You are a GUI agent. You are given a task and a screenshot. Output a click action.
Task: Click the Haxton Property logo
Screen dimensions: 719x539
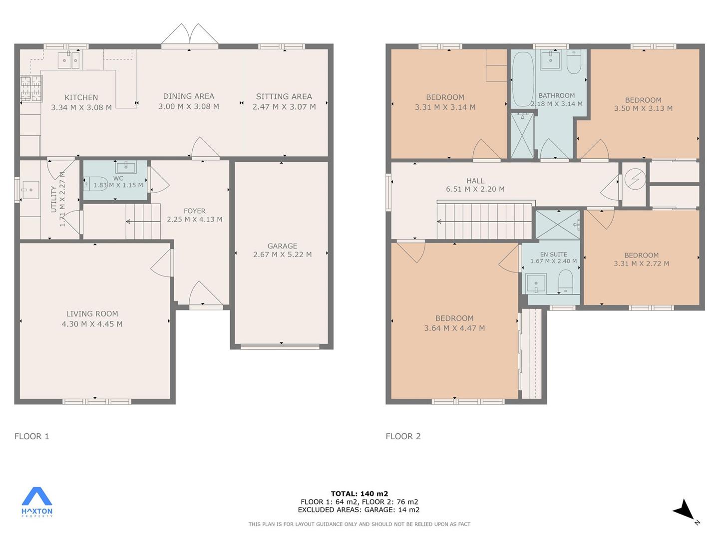(x=36, y=502)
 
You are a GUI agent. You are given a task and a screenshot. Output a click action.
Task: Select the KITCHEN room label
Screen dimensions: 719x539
(x=81, y=97)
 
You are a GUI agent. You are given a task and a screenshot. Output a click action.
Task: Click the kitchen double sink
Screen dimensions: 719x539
(x=68, y=60)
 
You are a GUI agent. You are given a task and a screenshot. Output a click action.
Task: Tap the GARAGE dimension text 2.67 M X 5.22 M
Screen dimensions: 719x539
(x=283, y=255)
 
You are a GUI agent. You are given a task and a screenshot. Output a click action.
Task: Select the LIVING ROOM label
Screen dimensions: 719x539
(x=92, y=314)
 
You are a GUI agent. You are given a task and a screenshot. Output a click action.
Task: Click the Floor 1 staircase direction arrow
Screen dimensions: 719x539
(x=143, y=222)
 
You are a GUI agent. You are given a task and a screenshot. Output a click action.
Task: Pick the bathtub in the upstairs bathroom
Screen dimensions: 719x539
(x=523, y=79)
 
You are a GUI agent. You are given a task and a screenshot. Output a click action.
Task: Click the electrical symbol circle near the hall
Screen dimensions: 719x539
(x=635, y=179)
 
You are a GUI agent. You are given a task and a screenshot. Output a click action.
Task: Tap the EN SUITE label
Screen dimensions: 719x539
(x=554, y=255)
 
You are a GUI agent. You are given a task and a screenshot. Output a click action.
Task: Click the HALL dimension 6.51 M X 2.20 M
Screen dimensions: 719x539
(x=475, y=189)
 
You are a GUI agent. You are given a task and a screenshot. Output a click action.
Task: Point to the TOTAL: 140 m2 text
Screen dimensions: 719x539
(x=359, y=494)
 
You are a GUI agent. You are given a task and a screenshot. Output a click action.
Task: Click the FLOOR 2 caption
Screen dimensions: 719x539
(x=403, y=436)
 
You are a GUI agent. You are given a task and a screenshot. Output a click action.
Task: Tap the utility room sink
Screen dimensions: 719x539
(x=30, y=190)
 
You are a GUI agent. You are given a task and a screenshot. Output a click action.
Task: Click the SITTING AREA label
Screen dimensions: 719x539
(x=284, y=96)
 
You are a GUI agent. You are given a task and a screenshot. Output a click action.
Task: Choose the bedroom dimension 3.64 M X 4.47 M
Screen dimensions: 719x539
(x=454, y=328)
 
